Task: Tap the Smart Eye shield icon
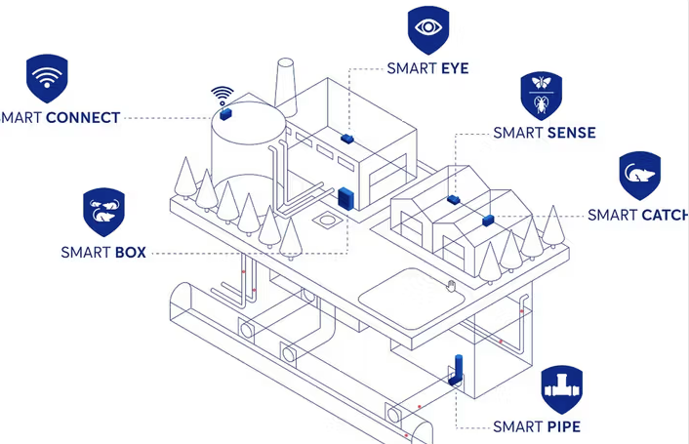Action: click(427, 29)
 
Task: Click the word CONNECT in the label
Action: click(82, 118)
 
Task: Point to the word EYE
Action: click(457, 68)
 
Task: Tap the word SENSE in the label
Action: click(570, 133)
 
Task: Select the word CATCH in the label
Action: click(664, 215)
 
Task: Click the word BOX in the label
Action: click(130, 252)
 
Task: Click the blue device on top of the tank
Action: click(223, 113)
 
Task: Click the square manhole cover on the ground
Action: click(321, 222)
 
